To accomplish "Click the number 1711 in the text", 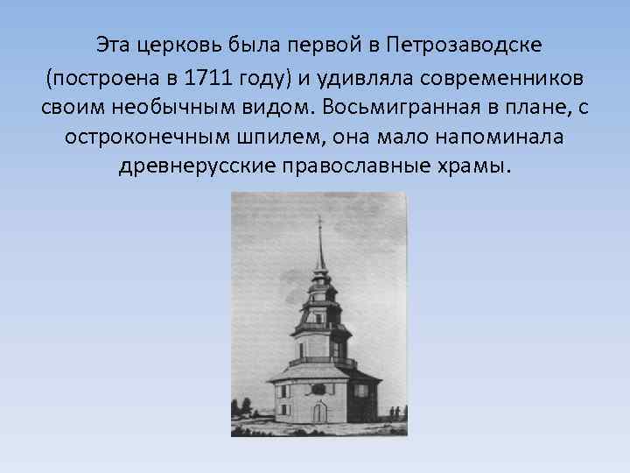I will [x=206, y=79].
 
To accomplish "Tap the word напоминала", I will [x=498, y=140].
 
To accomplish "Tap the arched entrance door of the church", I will [x=320, y=412].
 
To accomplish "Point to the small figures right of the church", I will [x=395, y=412].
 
